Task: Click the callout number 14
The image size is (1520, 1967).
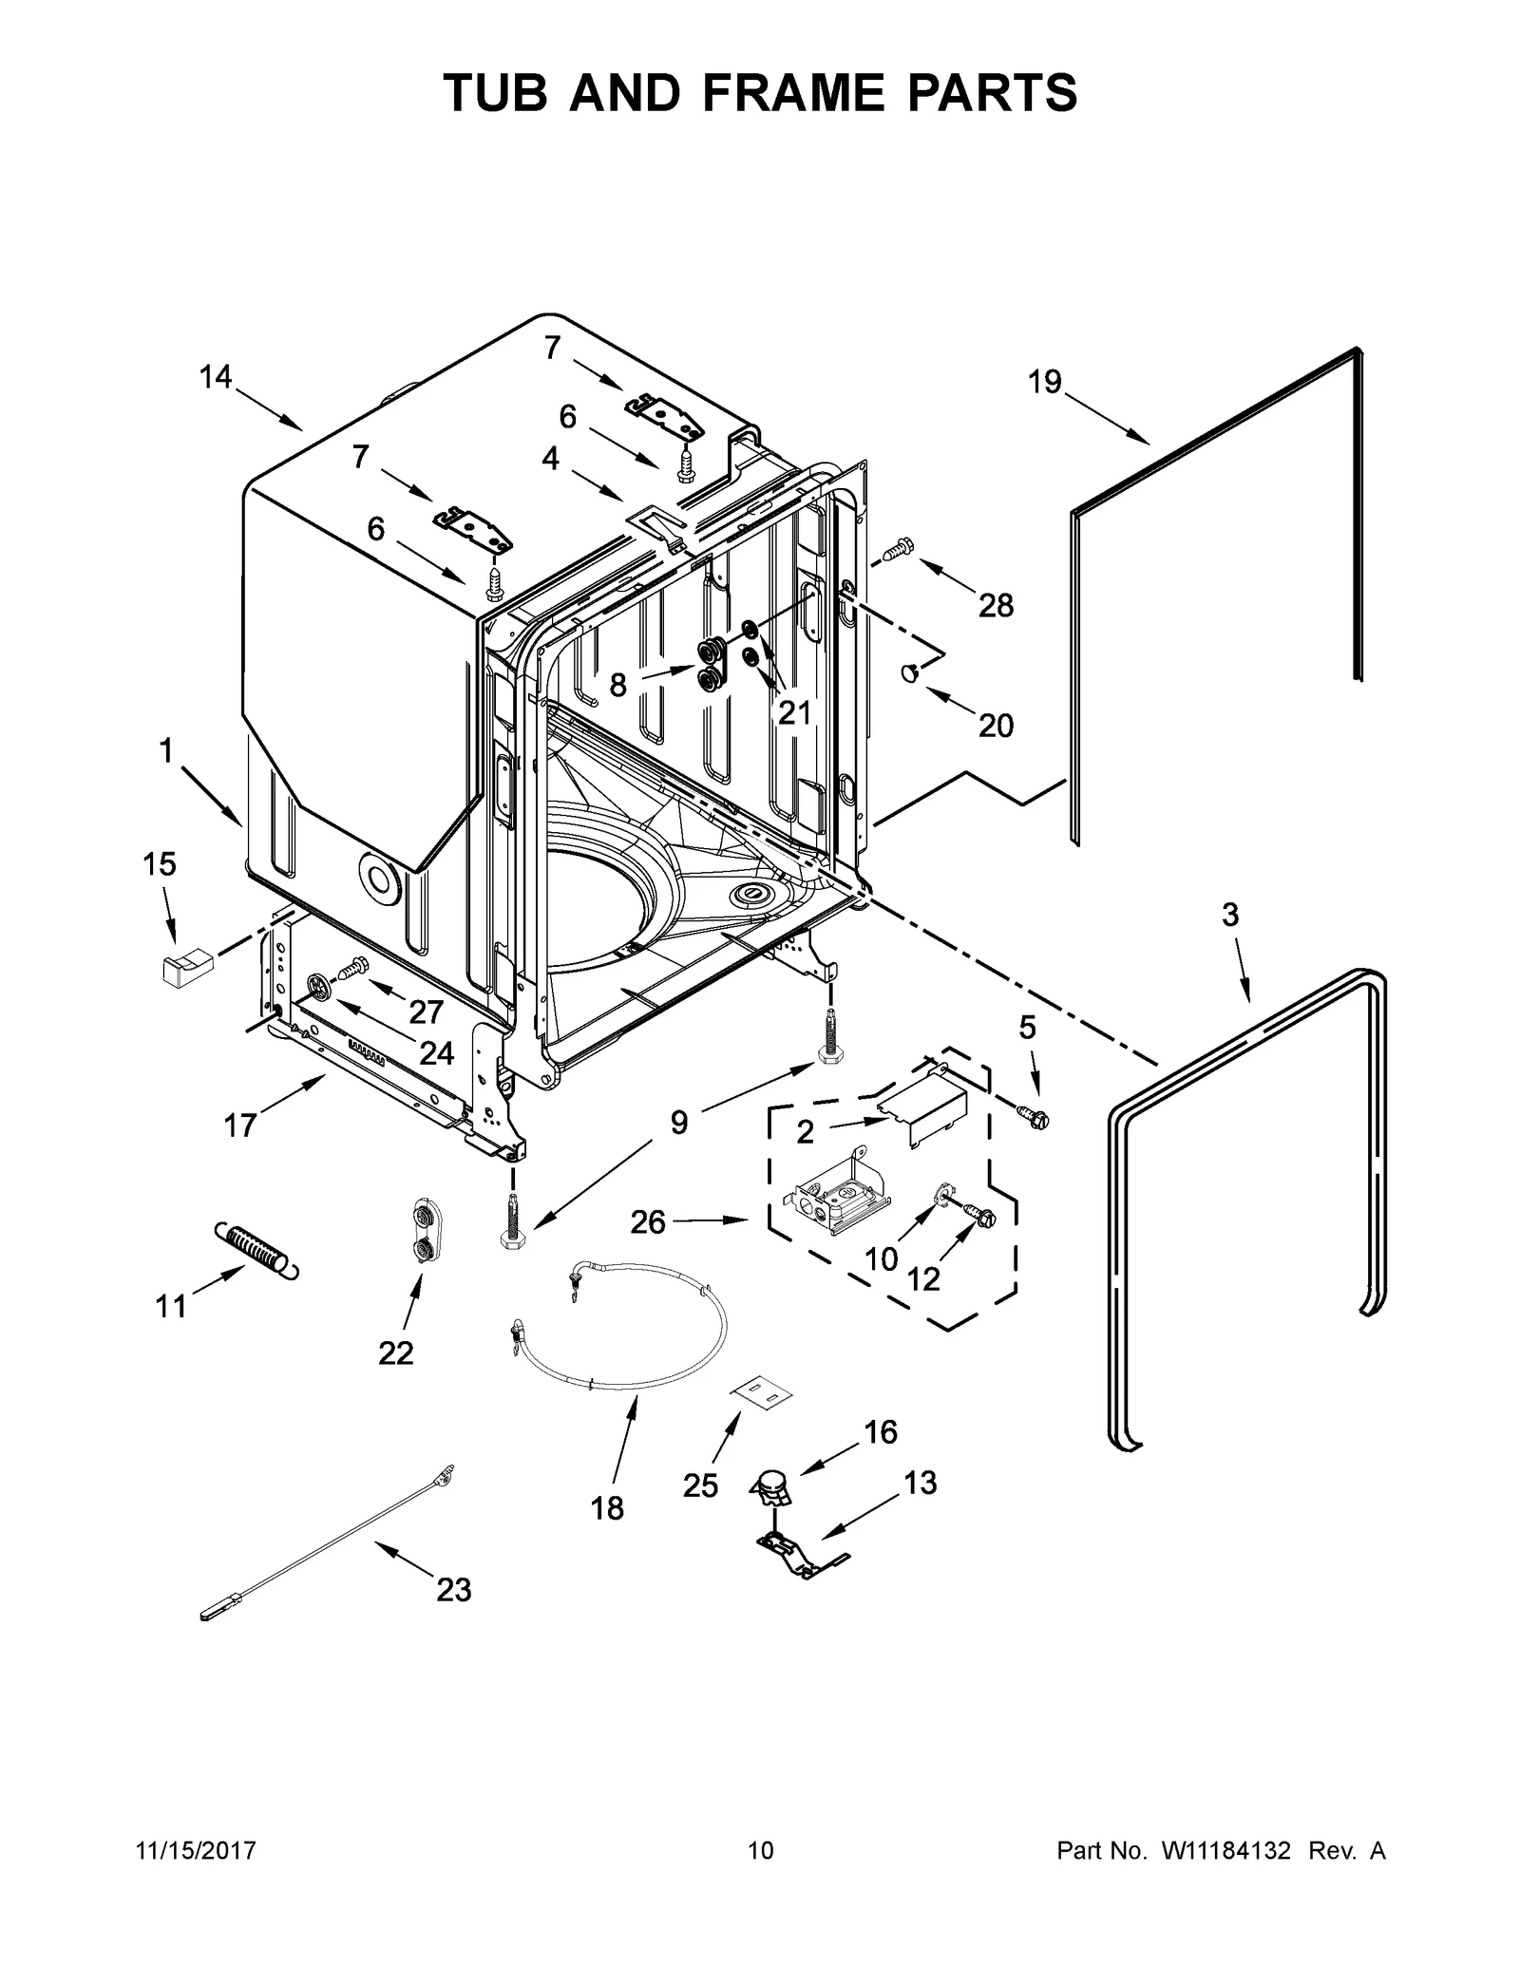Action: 216,377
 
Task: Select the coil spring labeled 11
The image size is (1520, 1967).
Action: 254,1246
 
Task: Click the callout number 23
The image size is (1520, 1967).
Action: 453,1589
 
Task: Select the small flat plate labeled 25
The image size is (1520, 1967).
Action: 760,1393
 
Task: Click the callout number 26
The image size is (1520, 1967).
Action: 648,1221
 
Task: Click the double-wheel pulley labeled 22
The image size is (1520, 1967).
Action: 421,1230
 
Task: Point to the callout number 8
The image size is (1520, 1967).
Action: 617,684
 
